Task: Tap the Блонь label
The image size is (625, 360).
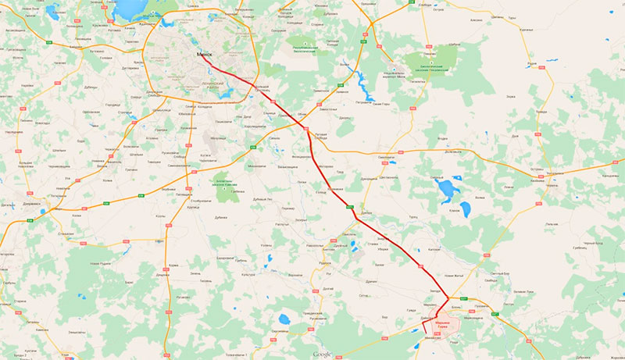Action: tap(457, 308)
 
